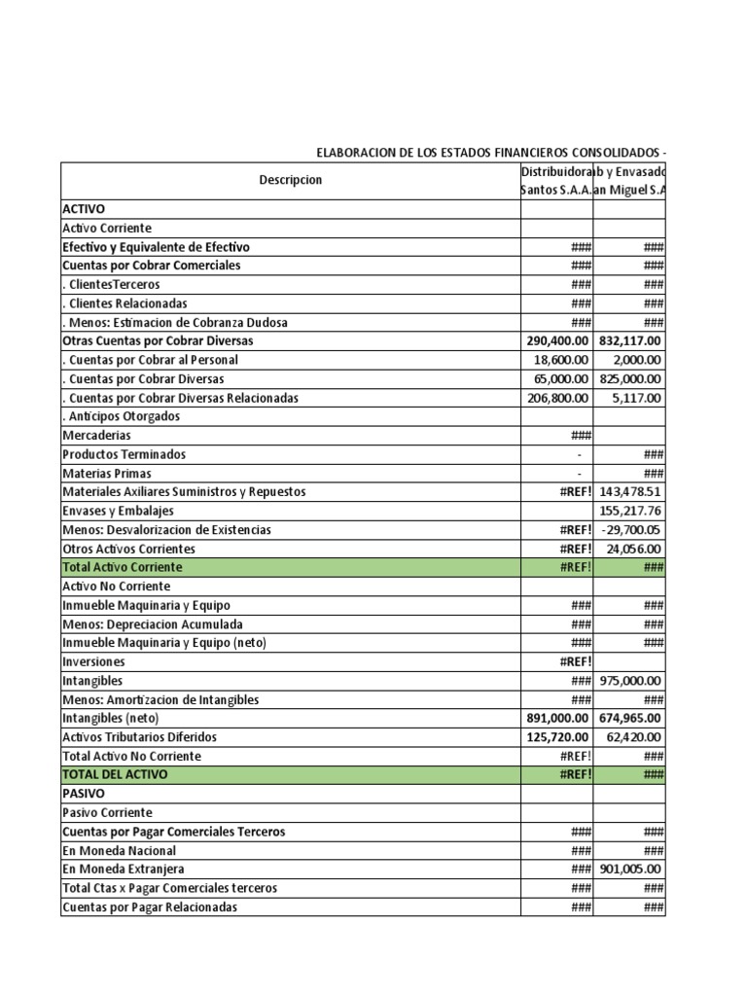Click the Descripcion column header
click(290, 180)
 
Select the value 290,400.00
click(557, 341)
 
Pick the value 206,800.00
click(557, 398)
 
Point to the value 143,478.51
click(630, 492)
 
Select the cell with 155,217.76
click(630, 511)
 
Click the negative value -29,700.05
click(632, 530)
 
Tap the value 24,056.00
click(634, 549)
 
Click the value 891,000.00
click(557, 718)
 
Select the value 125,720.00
click(557, 737)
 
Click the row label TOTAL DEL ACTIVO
click(115, 774)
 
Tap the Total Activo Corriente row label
click(123, 567)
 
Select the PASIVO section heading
click(84, 794)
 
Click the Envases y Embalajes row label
click(119, 511)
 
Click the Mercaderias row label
click(96, 436)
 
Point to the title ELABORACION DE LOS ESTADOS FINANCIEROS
click(490, 153)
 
